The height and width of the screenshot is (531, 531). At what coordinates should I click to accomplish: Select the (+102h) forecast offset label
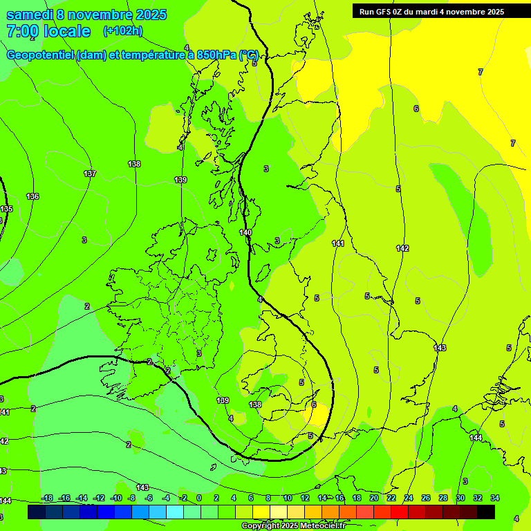click(123, 30)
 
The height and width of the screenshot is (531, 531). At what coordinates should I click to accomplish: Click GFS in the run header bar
click(384, 11)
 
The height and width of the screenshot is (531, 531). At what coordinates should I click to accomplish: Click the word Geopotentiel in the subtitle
click(39, 55)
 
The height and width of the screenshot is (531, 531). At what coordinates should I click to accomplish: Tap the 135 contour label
click(6, 209)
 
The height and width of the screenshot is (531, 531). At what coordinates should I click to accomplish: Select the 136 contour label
click(32, 196)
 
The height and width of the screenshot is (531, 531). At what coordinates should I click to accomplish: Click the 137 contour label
click(89, 174)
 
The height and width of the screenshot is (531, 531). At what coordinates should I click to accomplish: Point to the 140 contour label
click(245, 233)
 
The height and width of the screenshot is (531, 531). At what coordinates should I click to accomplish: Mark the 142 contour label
click(402, 248)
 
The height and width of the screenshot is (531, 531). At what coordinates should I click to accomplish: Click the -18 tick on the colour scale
click(47, 498)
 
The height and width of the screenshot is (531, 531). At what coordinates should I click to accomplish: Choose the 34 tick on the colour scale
click(495, 498)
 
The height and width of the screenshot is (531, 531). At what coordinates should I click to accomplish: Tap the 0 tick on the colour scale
click(198, 498)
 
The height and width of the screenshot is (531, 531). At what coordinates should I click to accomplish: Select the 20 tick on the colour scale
click(374, 498)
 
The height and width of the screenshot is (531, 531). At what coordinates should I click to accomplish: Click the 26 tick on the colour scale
click(426, 498)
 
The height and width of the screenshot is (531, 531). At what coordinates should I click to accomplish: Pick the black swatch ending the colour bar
click(486, 512)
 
